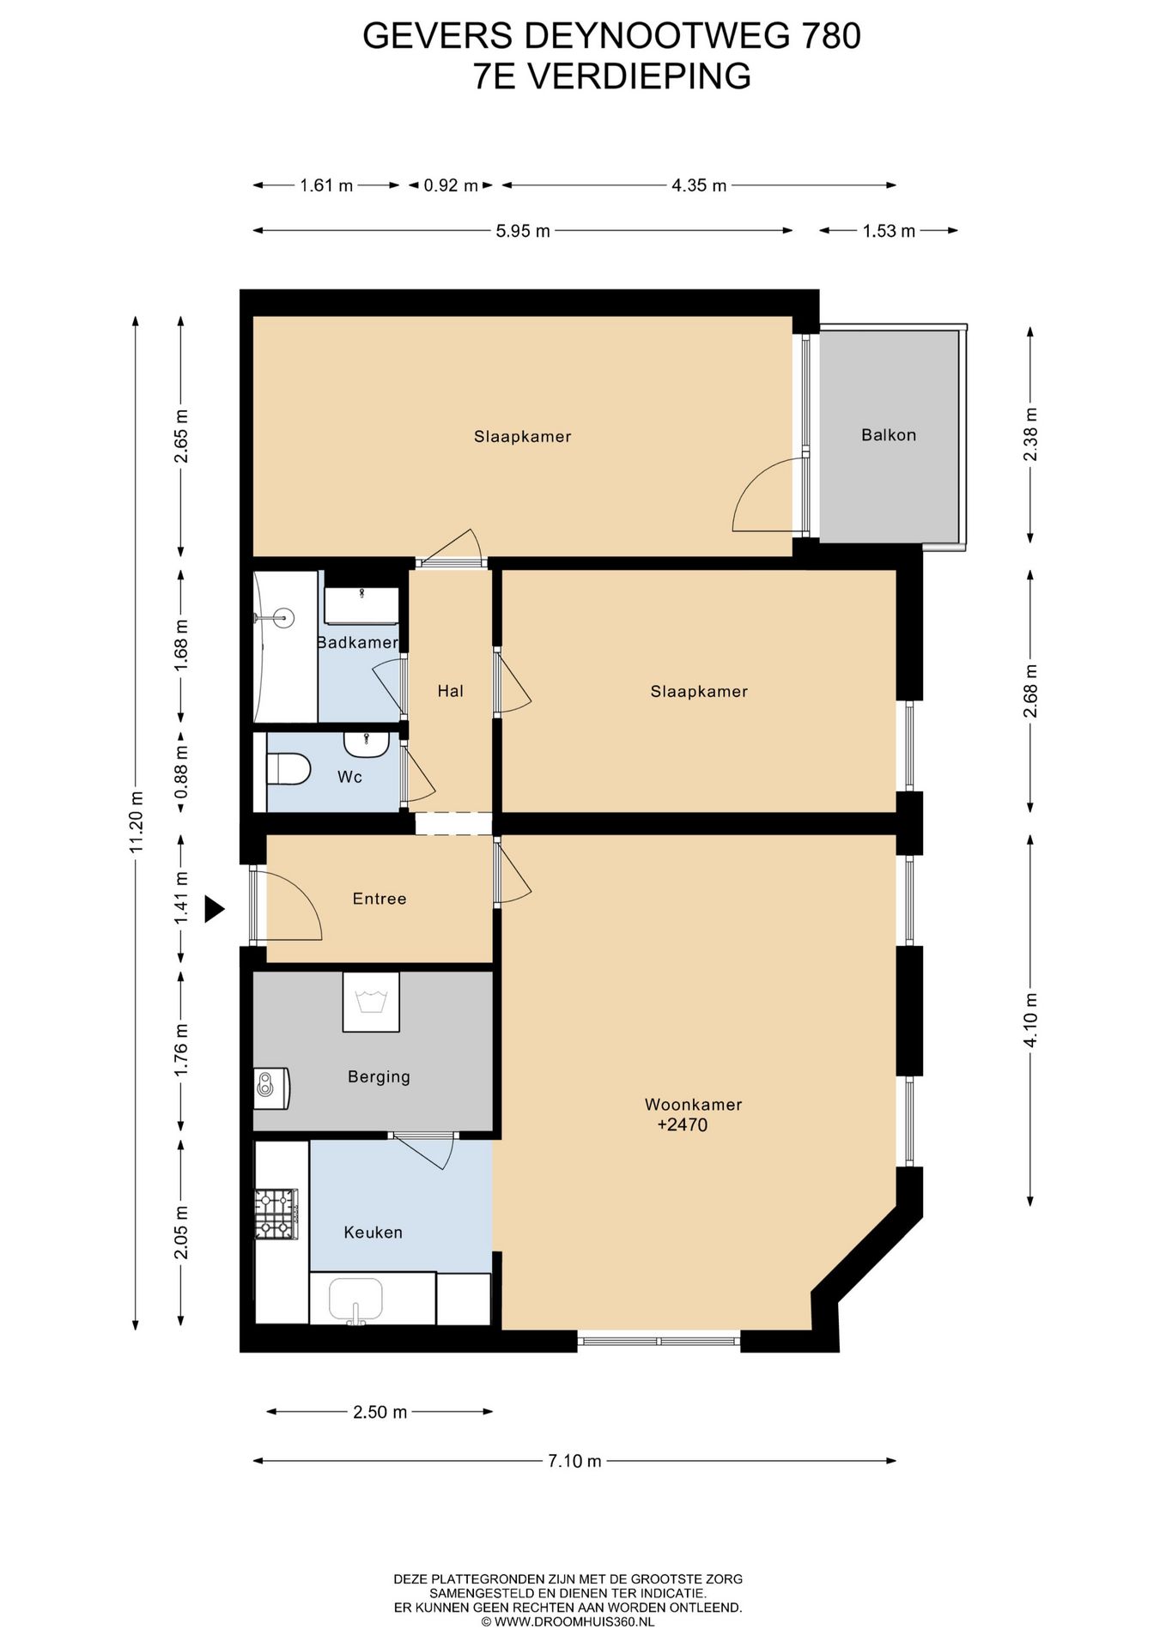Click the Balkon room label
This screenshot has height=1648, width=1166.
(889, 435)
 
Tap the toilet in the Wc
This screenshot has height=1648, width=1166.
(288, 769)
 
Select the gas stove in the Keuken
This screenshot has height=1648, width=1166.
(276, 1215)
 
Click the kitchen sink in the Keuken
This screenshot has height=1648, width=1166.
(356, 1300)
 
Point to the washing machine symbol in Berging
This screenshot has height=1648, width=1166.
(371, 1002)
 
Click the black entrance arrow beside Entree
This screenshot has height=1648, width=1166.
(214, 908)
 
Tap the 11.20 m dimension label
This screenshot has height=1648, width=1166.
(136, 822)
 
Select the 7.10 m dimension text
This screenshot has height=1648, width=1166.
(574, 1461)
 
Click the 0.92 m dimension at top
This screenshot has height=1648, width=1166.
(451, 185)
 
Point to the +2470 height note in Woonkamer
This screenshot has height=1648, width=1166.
(683, 1125)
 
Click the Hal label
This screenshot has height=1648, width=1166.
(450, 691)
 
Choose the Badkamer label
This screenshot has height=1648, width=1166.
(357, 642)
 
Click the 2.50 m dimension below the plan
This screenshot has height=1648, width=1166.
(380, 1412)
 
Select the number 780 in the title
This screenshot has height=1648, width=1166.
(830, 36)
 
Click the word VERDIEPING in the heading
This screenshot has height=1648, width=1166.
(639, 76)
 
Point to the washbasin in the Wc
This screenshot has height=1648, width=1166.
(367, 743)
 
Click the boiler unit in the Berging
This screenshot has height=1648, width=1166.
(271, 1088)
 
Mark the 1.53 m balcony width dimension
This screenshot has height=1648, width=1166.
(889, 231)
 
